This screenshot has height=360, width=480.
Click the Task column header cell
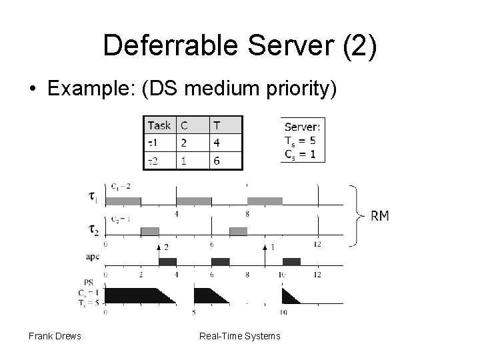coord(159,125)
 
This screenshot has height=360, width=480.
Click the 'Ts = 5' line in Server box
coord(300,140)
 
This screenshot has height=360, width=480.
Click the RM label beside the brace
coord(381,215)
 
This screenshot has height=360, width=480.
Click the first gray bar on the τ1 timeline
coord(123,201)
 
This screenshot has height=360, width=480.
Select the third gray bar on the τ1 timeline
coord(265,201)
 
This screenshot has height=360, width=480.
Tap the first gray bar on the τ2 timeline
coord(150,231)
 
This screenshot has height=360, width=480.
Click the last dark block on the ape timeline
coord(291,261)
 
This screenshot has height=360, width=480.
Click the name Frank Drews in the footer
coord(55,335)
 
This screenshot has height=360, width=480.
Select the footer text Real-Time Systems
coord(240,335)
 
